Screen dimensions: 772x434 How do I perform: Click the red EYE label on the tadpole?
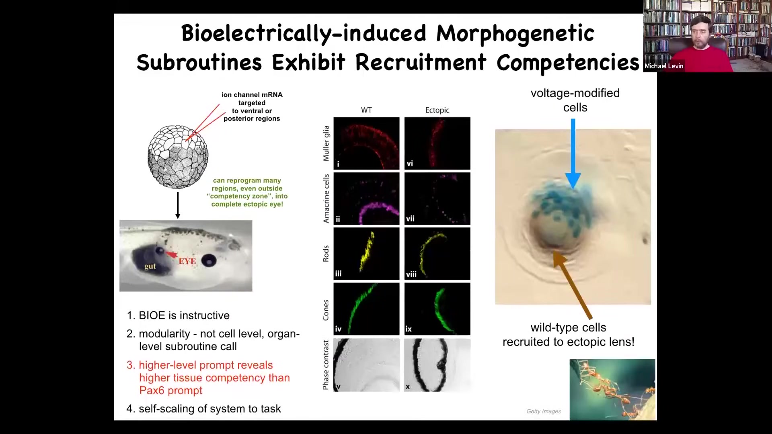187,261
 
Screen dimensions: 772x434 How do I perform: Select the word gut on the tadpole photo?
150,266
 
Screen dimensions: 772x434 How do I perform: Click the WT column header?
366,110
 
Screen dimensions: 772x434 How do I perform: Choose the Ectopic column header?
437,110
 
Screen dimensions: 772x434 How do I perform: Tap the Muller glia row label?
326,143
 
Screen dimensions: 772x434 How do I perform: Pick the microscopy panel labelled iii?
366,254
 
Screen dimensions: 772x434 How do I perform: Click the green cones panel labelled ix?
437,309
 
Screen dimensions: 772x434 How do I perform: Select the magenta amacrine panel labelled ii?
366,199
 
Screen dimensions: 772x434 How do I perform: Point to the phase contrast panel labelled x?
437,365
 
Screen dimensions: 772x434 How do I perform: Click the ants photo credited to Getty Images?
612,389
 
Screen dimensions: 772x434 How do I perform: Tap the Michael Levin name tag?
664,66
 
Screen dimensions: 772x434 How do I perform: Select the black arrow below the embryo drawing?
178,205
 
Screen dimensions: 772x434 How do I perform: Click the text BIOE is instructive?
184,315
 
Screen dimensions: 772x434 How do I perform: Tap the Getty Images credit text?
544,411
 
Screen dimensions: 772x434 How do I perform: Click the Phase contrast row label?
326,365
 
